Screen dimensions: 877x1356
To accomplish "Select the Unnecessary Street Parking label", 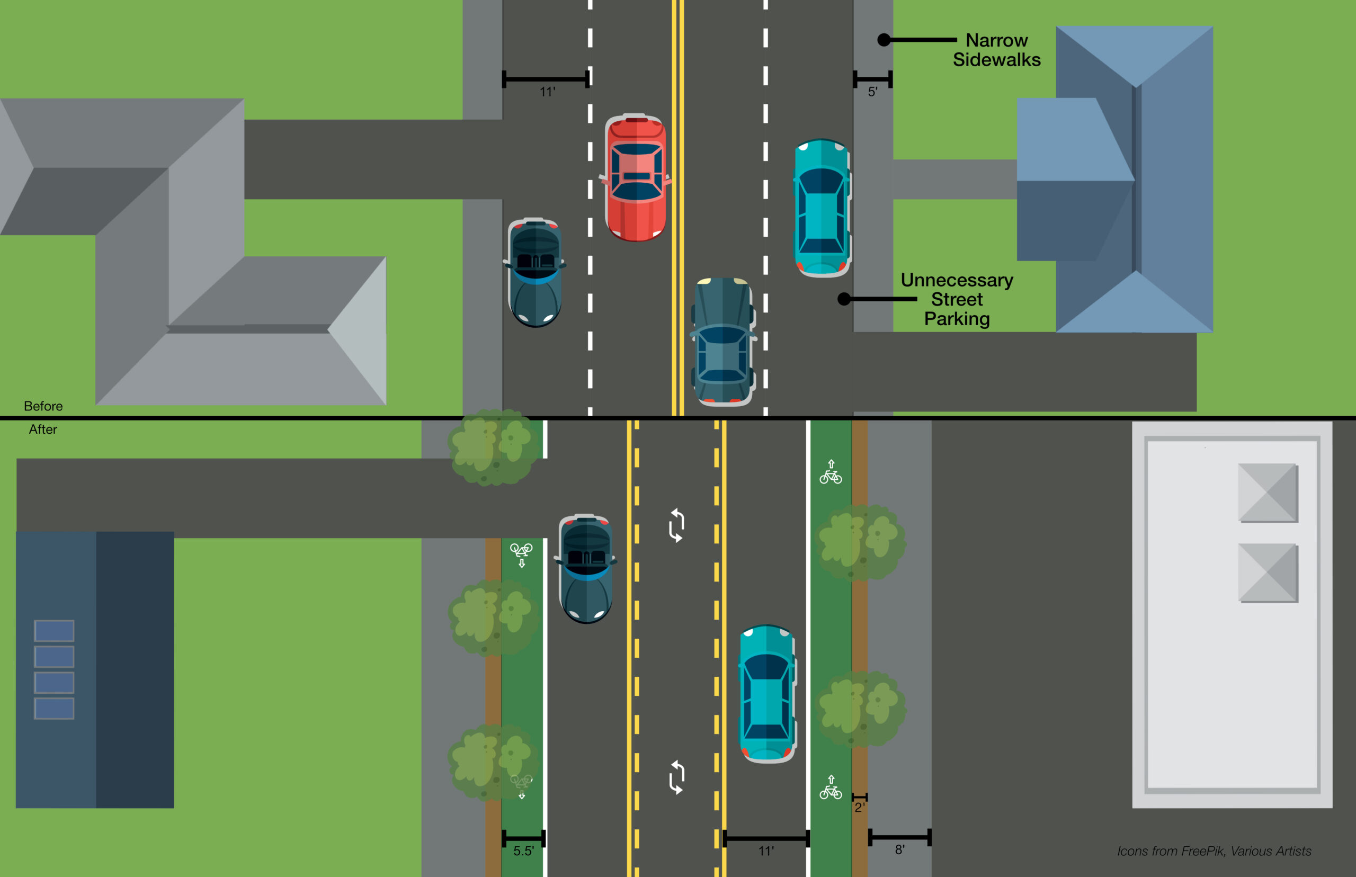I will [x=957, y=300].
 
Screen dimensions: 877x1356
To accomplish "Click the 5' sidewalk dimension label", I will [x=872, y=92].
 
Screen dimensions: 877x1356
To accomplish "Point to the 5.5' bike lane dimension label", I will [x=523, y=851].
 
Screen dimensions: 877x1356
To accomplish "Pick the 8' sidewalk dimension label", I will [x=900, y=849].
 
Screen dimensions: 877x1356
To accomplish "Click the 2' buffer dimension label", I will [x=859, y=808].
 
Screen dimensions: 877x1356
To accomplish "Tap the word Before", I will [x=43, y=406].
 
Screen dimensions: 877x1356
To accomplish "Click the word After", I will [x=43, y=429].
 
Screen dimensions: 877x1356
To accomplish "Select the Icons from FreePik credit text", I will [x=1214, y=851].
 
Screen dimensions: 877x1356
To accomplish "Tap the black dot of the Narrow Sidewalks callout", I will [x=884, y=40].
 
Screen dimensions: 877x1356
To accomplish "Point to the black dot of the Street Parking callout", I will [x=844, y=299].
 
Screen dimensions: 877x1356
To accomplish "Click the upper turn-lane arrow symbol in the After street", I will [x=676, y=525].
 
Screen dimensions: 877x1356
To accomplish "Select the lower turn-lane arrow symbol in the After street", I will [x=676, y=777].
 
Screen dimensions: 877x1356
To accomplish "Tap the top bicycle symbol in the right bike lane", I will [x=831, y=473].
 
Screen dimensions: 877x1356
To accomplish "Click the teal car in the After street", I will [x=766, y=693].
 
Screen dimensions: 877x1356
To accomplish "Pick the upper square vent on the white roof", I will [x=1268, y=493].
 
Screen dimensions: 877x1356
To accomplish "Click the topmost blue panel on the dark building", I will [x=54, y=630].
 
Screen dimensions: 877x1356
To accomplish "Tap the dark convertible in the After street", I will [x=586, y=568].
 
